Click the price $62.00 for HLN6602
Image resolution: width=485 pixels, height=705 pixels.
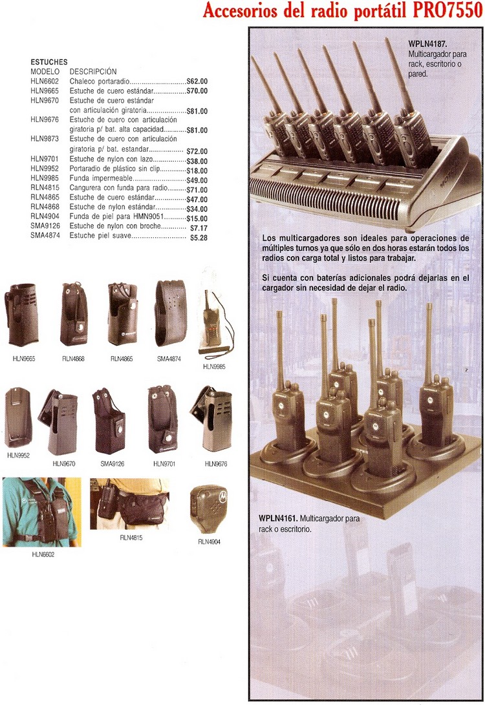pyautogui.click(x=197, y=81)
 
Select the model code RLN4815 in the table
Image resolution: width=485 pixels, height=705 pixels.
pyautogui.click(x=45, y=188)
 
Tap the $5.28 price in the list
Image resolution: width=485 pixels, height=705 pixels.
pyautogui.click(x=199, y=238)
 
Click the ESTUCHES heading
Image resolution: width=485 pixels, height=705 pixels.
pyautogui.click(x=49, y=62)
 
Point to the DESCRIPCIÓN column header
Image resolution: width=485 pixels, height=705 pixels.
pyautogui.click(x=93, y=72)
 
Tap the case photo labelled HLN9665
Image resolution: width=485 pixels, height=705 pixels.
pyautogui.click(x=21, y=314)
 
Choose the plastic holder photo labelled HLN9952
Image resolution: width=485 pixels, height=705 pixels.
pyautogui.click(x=18, y=417)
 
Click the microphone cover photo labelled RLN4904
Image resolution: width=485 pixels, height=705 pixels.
pyautogui.click(x=209, y=509)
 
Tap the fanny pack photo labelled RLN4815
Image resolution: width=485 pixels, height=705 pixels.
pyautogui.click(x=129, y=503)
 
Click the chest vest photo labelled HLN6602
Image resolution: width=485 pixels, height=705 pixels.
pyautogui.click(x=42, y=512)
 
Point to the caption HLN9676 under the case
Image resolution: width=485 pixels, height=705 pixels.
pyautogui.click(x=216, y=464)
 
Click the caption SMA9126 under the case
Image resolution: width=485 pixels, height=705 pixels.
pyautogui.click(x=112, y=463)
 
